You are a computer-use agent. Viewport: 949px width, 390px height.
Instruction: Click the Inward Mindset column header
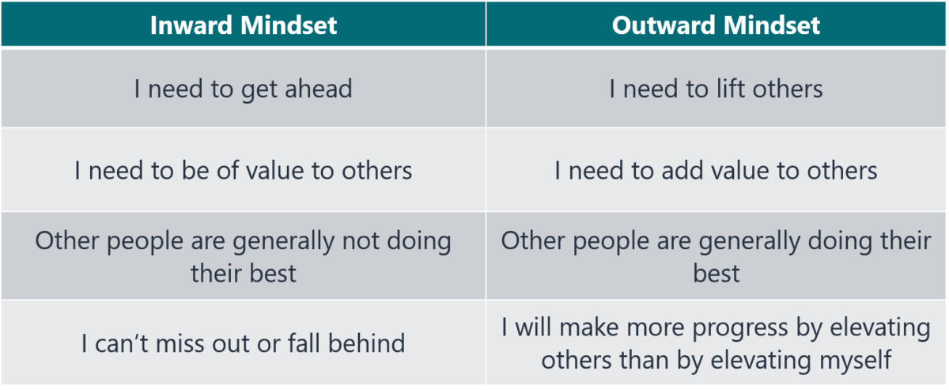coord(244,25)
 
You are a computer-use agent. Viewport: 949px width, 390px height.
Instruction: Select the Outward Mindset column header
coord(716,25)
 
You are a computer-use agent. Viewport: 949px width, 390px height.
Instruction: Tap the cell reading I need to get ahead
coord(244,89)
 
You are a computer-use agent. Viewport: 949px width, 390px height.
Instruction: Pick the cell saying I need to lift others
coord(716,89)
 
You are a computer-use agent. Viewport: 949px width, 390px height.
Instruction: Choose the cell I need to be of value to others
coord(244,170)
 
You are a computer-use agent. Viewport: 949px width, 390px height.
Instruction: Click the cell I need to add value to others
coord(716,170)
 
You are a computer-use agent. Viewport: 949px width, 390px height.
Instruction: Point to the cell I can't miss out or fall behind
coord(244,343)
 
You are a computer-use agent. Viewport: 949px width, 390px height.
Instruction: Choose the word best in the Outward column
coord(716,274)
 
